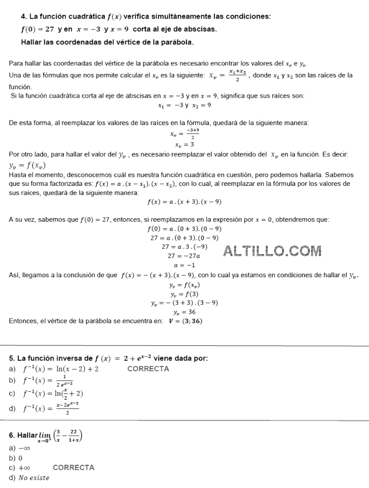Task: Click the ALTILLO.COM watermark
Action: coord(273,251)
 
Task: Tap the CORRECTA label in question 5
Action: coord(148,369)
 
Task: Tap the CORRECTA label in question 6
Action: coord(74,467)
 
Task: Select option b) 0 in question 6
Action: coord(16,458)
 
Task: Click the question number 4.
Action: coord(16,16)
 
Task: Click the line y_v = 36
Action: coord(184,312)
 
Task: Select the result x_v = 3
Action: coord(184,144)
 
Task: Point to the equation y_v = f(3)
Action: coord(184,294)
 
